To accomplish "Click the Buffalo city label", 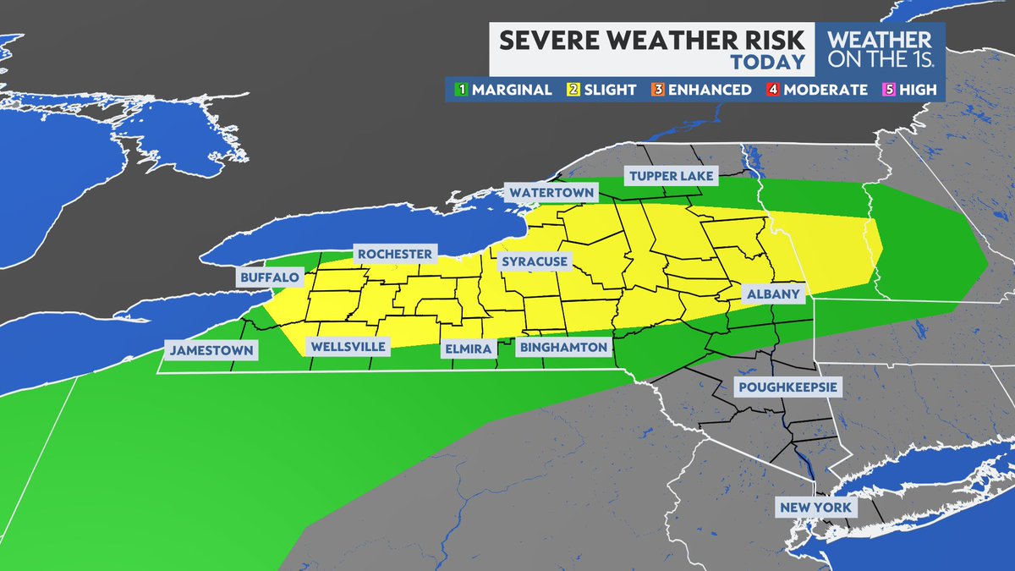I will coord(269,277).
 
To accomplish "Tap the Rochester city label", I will coord(394,254).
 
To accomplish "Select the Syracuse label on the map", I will coord(534,262).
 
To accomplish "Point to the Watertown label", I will coord(551,193).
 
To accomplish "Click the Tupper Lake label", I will coord(672,176).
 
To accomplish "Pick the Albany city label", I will coord(772,294).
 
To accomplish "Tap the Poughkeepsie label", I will coord(787,387).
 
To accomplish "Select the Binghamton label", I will coord(564,348).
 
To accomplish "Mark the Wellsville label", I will coord(348,347).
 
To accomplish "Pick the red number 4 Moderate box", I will coord(771,90).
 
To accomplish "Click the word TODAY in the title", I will coord(767,63).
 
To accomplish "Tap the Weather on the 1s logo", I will coord(879,50).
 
